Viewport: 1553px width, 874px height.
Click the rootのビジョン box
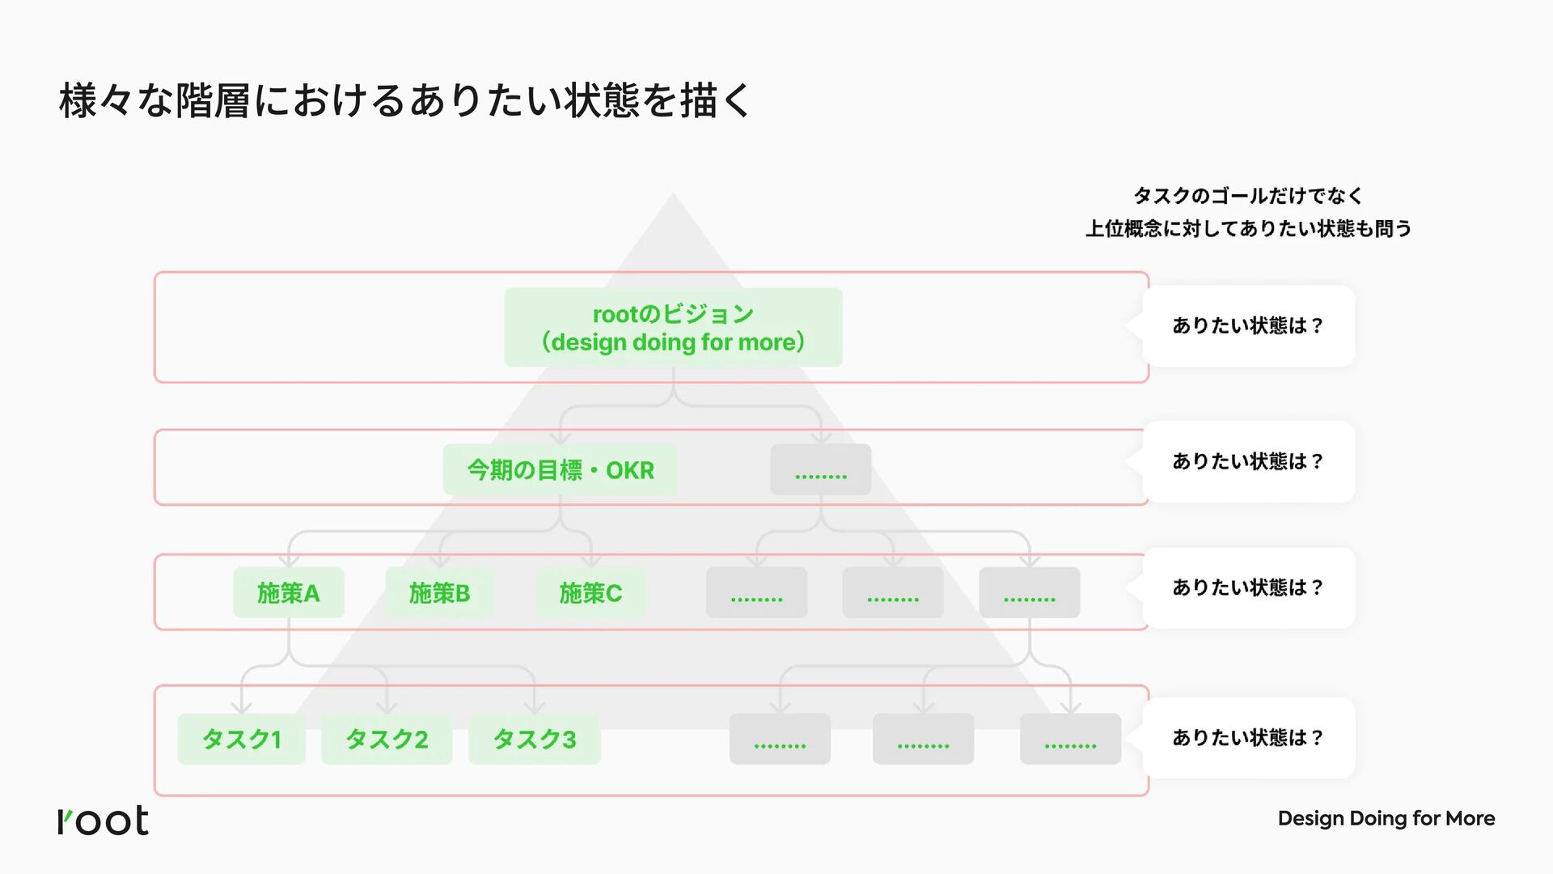pos(673,328)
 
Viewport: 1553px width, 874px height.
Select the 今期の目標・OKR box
pos(560,470)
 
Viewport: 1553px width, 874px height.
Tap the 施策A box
pos(289,593)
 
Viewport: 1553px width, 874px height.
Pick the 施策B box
pos(439,593)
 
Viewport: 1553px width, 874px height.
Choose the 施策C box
pos(590,593)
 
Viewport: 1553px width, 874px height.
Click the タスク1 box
pos(241,739)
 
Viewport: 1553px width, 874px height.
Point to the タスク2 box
pos(387,739)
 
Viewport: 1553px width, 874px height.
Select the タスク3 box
pos(535,739)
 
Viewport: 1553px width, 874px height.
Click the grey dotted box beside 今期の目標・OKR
pos(820,470)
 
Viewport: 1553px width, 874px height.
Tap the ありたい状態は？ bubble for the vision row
pos(1248,326)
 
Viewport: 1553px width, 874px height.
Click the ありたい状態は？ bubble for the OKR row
pos(1248,461)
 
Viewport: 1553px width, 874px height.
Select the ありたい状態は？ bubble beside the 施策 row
pos(1248,588)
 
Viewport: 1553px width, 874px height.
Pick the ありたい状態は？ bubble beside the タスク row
pos(1248,738)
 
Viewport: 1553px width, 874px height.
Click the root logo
pos(104,821)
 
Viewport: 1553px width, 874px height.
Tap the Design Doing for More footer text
pos(1386,819)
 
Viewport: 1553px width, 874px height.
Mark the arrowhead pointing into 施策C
pos(590,561)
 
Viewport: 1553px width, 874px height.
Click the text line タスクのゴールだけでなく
pos(1248,196)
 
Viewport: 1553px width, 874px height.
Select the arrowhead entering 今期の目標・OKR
pos(561,438)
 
